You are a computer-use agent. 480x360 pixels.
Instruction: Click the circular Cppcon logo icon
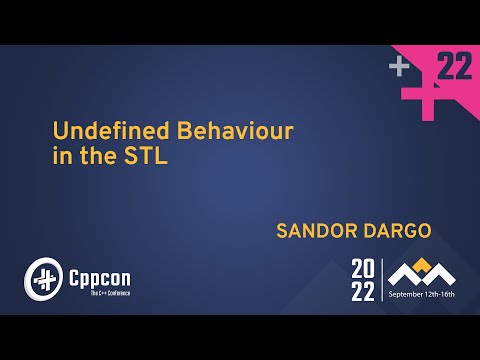pyautogui.click(x=41, y=274)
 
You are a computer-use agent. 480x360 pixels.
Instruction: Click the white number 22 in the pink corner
pyautogui.click(x=455, y=67)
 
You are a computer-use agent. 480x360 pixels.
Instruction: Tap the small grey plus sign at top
pyautogui.click(x=400, y=67)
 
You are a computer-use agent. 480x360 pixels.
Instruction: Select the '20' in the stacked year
pyautogui.click(x=363, y=268)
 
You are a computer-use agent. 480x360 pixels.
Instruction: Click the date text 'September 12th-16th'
pyautogui.click(x=422, y=294)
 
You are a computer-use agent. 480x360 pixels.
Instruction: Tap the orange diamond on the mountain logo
pyautogui.click(x=422, y=264)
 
